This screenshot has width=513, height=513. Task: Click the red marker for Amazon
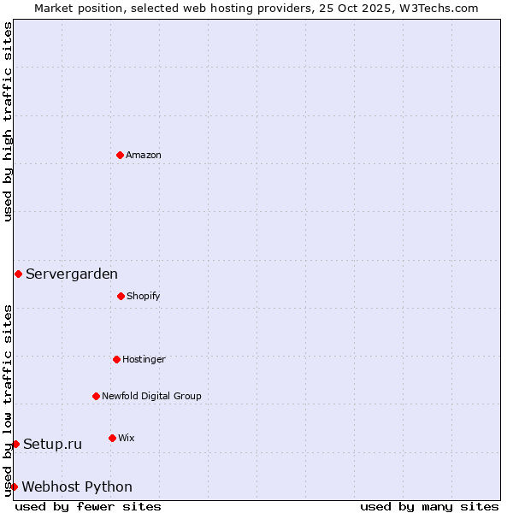tap(120, 155)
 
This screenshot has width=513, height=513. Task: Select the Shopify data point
tap(121, 296)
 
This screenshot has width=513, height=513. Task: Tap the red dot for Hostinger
tap(116, 359)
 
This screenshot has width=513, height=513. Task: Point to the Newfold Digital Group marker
tap(96, 396)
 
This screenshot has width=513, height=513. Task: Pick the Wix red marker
tap(112, 438)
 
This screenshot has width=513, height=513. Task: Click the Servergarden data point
tap(18, 274)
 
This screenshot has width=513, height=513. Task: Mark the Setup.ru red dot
tap(15, 444)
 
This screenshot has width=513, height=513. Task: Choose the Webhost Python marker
tap(14, 486)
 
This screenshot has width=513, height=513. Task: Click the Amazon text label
tap(144, 155)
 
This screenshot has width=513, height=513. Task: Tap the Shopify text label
tap(144, 296)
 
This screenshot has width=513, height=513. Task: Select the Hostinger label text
tap(144, 359)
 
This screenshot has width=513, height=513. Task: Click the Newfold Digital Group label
tap(151, 396)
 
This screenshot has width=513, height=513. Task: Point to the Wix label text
tap(127, 438)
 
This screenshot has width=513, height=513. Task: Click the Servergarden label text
tap(72, 274)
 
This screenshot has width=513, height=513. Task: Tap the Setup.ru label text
tap(53, 444)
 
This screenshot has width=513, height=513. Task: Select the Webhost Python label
tap(77, 486)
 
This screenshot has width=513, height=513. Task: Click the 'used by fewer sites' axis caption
tap(88, 506)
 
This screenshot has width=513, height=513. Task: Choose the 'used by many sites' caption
tap(429, 506)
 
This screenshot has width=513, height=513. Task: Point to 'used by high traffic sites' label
tap(8, 121)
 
